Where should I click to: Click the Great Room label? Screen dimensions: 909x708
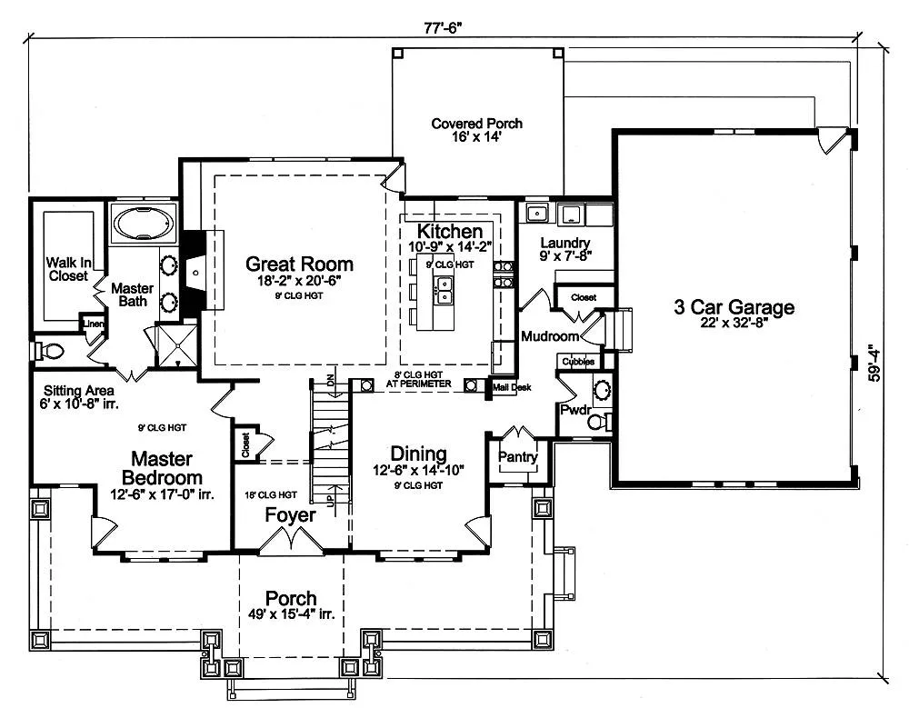(299, 264)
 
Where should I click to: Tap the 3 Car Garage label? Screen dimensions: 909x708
(734, 307)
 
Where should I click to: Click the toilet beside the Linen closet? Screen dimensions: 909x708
(49, 351)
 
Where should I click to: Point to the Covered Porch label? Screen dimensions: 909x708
(476, 124)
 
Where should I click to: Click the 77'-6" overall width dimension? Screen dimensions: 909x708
(445, 28)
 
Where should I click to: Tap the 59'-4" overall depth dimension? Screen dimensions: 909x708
(874, 364)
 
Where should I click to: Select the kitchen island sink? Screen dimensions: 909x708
(445, 291)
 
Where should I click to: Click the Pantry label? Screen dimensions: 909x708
(518, 457)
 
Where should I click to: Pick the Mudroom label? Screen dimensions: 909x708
(550, 336)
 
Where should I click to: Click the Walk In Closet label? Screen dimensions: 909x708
(68, 270)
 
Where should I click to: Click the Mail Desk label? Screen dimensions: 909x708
(512, 387)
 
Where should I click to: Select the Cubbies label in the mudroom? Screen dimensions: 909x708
(578, 362)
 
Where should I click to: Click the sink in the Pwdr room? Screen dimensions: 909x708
(603, 387)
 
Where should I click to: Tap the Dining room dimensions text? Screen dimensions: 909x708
(418, 470)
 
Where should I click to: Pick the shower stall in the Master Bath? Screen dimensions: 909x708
(177, 345)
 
